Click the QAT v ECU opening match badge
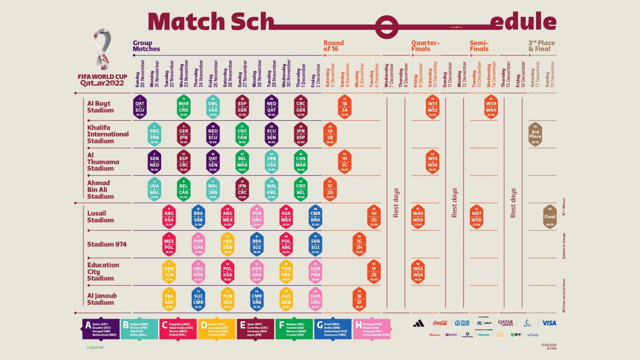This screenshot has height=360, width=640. click(x=140, y=107)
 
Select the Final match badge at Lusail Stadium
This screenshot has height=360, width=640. click(x=550, y=217)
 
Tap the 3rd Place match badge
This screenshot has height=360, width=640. click(x=535, y=134)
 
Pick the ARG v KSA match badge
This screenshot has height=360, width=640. click(x=169, y=217)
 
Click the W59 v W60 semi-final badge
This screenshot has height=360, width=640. click(x=491, y=107)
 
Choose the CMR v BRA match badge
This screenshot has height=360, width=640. click(x=315, y=217)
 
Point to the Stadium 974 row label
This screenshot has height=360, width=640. click(x=107, y=244)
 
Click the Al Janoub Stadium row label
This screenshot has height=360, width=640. click(x=102, y=299)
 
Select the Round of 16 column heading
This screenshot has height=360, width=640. click(x=334, y=46)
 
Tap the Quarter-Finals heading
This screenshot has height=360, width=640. click(x=425, y=46)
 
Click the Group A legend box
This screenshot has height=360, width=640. click(x=101, y=329)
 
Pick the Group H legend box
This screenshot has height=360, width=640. click(x=372, y=329)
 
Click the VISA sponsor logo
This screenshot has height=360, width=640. click(x=549, y=323)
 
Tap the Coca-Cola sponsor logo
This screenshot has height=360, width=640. click(x=440, y=323)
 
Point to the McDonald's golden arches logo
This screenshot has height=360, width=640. click(x=500, y=335)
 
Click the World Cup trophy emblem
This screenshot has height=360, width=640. click(x=102, y=49)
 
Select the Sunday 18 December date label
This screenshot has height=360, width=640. click(x=550, y=74)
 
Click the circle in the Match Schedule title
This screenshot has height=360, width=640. click(x=386, y=27)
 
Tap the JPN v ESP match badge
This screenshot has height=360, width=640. click(x=300, y=134)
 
